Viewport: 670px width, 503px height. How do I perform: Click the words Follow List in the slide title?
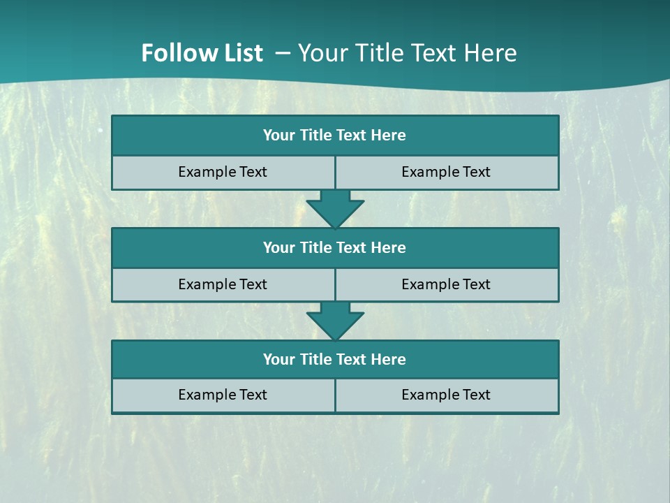pos(202,53)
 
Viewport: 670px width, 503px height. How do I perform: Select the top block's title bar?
pos(335,136)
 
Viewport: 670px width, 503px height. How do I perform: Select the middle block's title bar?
pos(335,248)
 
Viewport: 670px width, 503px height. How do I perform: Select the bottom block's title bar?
pos(335,360)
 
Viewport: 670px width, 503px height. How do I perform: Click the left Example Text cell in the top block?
pos(223,173)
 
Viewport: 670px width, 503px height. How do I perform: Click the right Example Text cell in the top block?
pos(447,173)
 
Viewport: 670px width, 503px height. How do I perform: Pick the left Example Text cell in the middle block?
pos(223,285)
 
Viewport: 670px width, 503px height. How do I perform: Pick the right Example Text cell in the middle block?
pos(447,285)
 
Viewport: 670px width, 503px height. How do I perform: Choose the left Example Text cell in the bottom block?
pos(223,395)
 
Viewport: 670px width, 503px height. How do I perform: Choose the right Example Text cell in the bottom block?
pos(447,395)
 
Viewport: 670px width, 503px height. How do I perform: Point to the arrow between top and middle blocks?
pos(335,210)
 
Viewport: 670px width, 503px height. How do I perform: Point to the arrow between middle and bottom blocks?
pos(335,322)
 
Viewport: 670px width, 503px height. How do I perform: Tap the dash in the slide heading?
pos(283,53)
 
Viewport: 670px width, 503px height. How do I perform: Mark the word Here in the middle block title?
pos(389,248)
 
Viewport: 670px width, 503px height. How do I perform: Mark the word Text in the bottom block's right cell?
pos(475,395)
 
